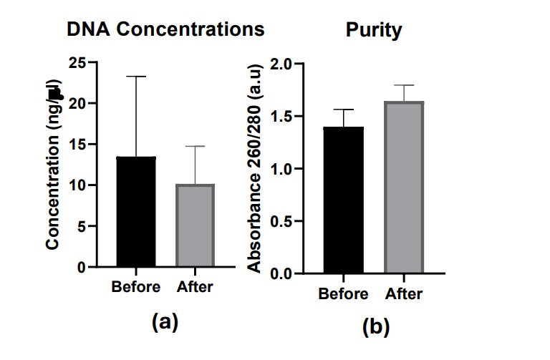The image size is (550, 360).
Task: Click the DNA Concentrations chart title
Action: click(x=165, y=30)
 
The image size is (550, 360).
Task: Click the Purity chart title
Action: click(x=373, y=31)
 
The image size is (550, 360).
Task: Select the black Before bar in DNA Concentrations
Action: click(x=136, y=212)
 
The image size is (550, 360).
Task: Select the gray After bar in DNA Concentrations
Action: click(x=195, y=225)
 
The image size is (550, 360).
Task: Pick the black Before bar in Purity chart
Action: click(x=343, y=200)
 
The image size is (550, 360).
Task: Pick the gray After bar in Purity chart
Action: click(x=403, y=188)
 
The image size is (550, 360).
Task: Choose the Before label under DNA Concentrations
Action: click(x=136, y=287)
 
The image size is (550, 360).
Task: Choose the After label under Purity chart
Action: click(x=404, y=293)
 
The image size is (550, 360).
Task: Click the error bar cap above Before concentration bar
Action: click(x=136, y=77)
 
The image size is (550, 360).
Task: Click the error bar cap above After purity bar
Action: click(x=404, y=85)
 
